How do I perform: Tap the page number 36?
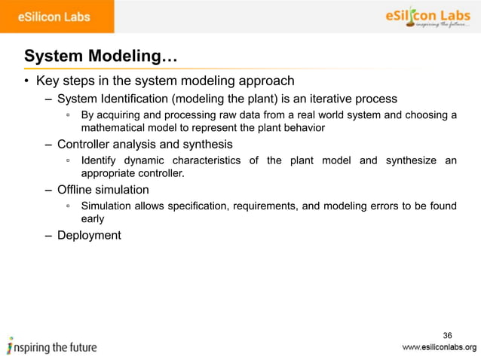coord(448,335)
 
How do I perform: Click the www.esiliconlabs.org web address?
coord(439,347)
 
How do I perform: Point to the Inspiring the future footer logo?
coord(53,347)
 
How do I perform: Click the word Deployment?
coord(89,235)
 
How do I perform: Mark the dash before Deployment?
coord(48,235)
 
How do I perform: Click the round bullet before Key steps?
coord(26,81)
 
